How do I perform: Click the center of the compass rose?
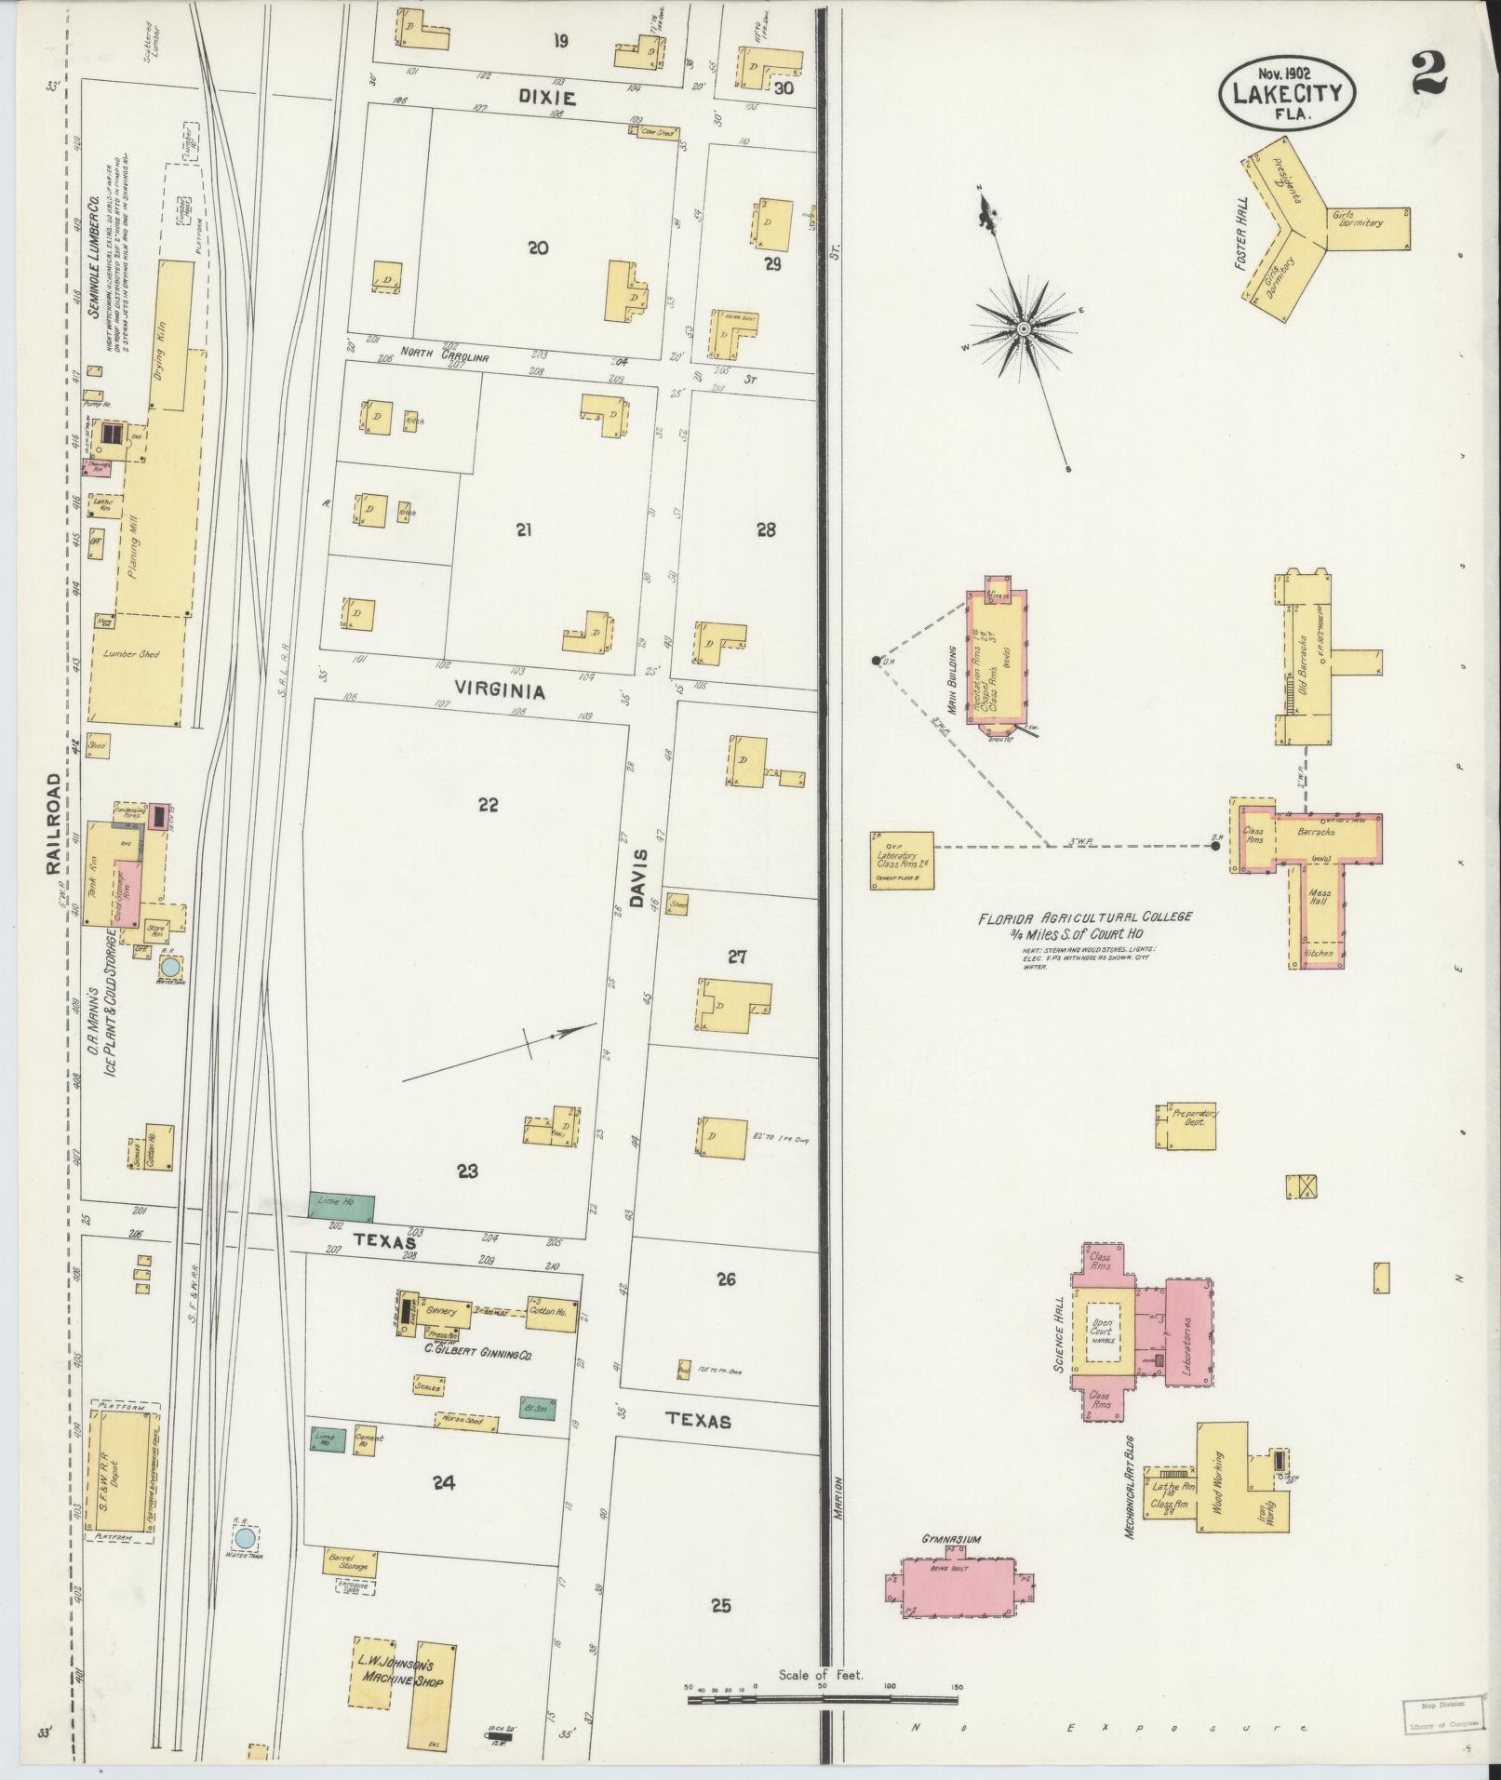click(x=1022, y=328)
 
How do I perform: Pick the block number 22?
click(x=488, y=805)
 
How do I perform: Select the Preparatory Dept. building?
click(x=1188, y=1127)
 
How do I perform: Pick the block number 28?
click(x=766, y=530)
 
